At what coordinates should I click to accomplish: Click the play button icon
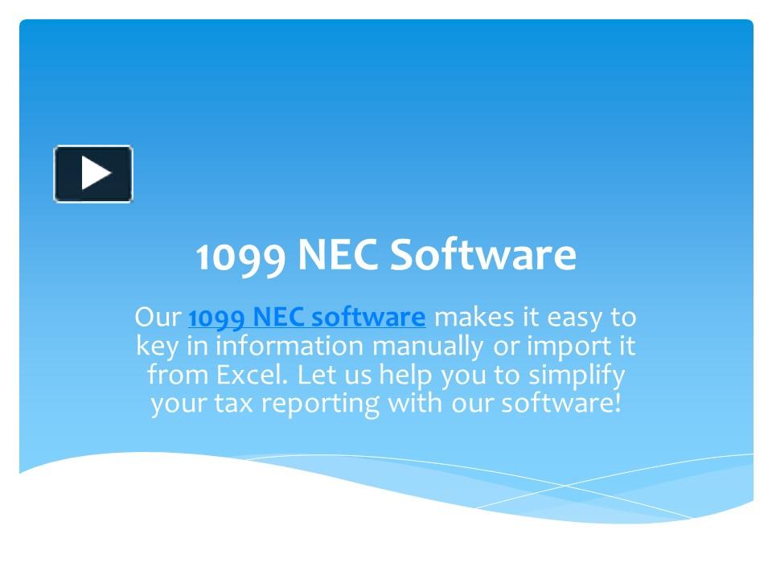coord(93,174)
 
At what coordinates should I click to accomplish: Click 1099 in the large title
coord(240,256)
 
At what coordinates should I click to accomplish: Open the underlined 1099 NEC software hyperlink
coord(306,318)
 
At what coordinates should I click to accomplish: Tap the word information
coord(284,347)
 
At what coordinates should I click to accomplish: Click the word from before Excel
coord(171,375)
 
